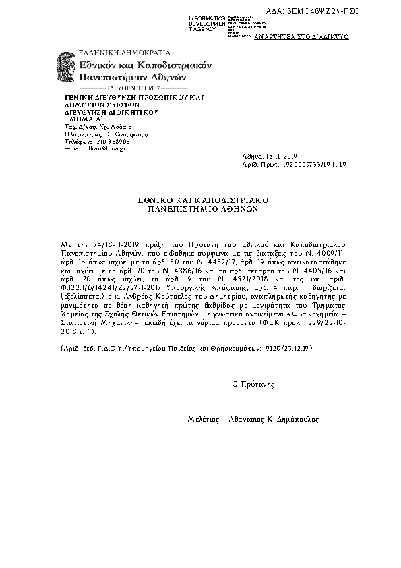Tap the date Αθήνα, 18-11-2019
pos(268,156)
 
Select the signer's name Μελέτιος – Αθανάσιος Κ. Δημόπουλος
pos(253,418)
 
